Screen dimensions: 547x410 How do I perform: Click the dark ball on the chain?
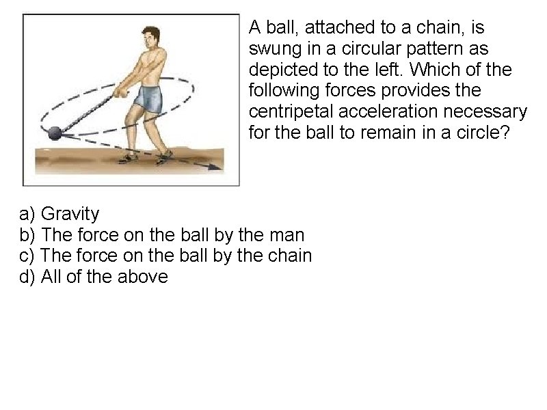coord(55,133)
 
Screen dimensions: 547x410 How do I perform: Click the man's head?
coord(151,38)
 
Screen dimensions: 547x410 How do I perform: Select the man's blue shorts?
coord(148,98)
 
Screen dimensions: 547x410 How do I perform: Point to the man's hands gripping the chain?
coord(121,91)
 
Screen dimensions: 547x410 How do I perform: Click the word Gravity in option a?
coord(70,214)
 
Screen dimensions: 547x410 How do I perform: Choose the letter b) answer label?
coord(27,234)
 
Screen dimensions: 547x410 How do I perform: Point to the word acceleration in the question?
coord(388,111)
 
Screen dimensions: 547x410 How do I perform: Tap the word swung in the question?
coord(275,49)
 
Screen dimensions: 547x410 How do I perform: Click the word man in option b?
coord(289,235)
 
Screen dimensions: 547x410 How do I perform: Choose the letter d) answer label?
coord(27,277)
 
